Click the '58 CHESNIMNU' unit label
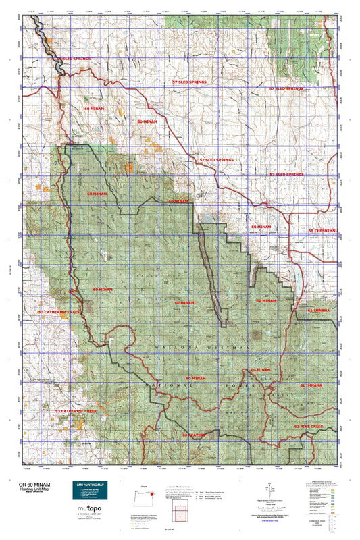point(322,231)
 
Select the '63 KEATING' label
point(194,435)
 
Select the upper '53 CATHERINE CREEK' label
point(59,313)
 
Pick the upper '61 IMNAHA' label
point(319,310)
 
